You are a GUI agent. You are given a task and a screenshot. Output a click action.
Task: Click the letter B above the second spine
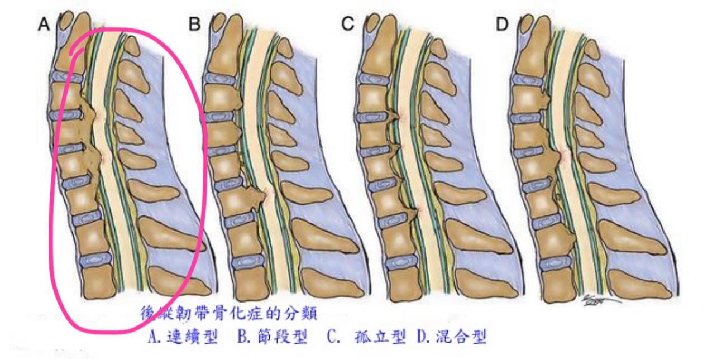tap(194, 25)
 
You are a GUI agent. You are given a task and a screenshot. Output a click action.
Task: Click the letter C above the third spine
tap(348, 25)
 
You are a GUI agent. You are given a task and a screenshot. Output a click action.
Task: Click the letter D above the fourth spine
tap(502, 25)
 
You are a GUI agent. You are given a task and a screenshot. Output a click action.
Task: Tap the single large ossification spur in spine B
tap(255, 197)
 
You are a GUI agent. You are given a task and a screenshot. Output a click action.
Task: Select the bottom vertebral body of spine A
tap(99, 281)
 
